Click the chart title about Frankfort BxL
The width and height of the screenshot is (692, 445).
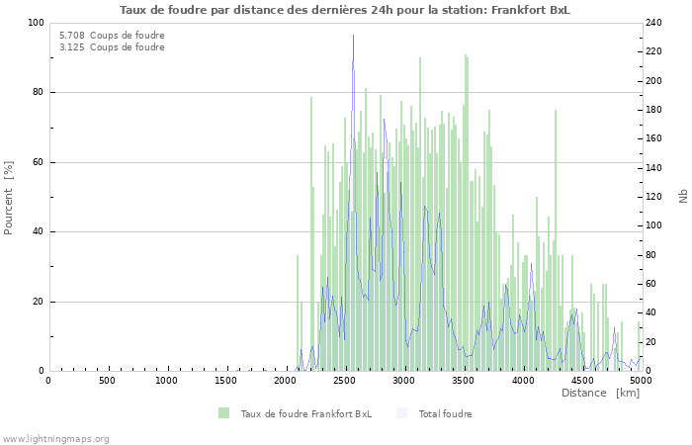point(345,10)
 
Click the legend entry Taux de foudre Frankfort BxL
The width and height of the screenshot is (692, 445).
point(306,413)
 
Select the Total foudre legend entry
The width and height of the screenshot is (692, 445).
point(445,413)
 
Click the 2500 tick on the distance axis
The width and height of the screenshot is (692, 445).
point(345,381)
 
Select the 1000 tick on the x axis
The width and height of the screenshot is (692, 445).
point(167,381)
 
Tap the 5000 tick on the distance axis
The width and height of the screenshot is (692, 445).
point(641,381)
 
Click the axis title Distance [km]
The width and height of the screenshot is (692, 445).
point(600,394)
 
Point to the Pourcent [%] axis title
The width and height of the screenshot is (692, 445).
point(9,197)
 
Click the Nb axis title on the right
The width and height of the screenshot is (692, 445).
point(682,197)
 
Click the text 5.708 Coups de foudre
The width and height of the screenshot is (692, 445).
point(112,36)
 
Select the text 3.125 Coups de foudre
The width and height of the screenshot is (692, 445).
point(112,47)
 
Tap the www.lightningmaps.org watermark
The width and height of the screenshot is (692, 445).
point(55,438)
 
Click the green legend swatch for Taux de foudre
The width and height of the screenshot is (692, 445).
point(224,413)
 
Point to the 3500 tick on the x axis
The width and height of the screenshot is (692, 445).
point(464,381)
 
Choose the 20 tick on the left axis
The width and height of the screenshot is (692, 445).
point(39,302)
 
